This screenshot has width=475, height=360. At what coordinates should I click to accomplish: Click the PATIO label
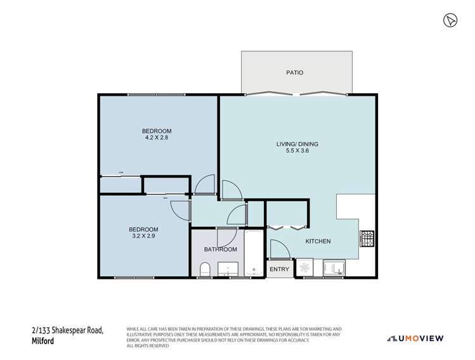[x=295, y=72]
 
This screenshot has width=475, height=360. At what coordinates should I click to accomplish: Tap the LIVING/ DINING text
[x=297, y=144]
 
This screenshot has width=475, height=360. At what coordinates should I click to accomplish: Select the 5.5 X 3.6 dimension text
[x=297, y=152]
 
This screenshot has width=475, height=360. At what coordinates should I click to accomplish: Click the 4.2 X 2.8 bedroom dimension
[x=156, y=137]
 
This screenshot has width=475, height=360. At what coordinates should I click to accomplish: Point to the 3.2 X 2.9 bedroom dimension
[x=143, y=236]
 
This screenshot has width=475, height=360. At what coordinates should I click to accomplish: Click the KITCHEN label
[x=318, y=241]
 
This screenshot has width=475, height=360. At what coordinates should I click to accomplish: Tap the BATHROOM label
[x=220, y=249]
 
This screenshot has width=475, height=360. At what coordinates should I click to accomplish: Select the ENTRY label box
[x=279, y=269]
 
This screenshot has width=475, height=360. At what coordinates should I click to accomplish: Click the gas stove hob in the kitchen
[x=367, y=239]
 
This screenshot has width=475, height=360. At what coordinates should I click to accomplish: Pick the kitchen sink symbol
[x=334, y=269]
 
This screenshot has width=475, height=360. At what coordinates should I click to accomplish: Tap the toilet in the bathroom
[x=204, y=271]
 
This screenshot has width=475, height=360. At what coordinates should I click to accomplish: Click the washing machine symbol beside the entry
[x=304, y=269]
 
